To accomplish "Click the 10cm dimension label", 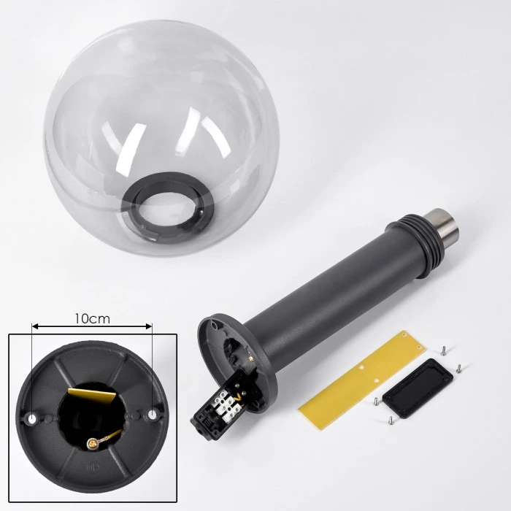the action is [x=92, y=318].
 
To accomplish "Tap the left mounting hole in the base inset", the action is [x=32, y=419].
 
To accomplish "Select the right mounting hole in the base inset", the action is [x=152, y=415].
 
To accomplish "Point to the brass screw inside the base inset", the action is [x=92, y=442].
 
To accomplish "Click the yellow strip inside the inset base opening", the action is [x=92, y=395].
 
